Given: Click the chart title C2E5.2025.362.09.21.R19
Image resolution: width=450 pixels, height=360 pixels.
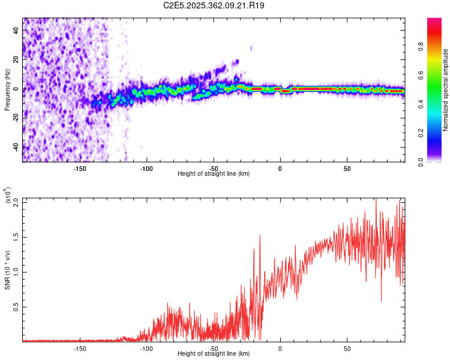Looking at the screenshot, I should (214, 5).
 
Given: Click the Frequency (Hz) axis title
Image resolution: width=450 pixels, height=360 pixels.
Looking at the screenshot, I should (7, 90).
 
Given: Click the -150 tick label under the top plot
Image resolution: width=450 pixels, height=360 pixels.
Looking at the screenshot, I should (80, 168).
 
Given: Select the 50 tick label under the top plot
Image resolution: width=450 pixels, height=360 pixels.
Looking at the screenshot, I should (347, 168).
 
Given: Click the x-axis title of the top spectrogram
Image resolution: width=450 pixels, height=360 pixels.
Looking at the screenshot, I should (214, 174).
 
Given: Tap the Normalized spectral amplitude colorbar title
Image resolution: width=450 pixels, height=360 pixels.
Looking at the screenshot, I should (446, 90).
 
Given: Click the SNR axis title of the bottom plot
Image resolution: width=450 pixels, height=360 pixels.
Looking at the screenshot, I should (7, 270).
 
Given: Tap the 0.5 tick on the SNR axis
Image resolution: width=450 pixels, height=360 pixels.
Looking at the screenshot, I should (16, 307).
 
